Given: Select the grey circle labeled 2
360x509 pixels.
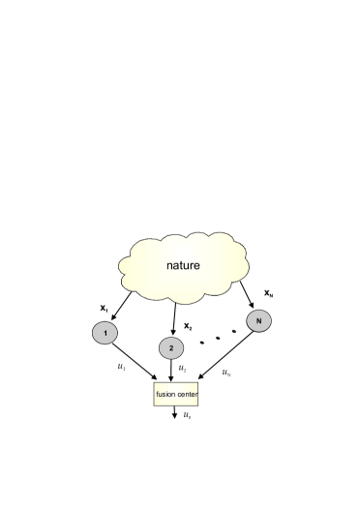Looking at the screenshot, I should click(170, 345).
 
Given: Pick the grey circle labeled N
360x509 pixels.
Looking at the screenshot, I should click(258, 320).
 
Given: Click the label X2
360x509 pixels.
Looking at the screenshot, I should click(190, 326).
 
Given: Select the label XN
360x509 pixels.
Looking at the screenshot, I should click(269, 291).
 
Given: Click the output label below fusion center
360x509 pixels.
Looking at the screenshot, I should click(189, 415).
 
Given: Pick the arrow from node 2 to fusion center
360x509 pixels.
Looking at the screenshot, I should click(171, 370).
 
